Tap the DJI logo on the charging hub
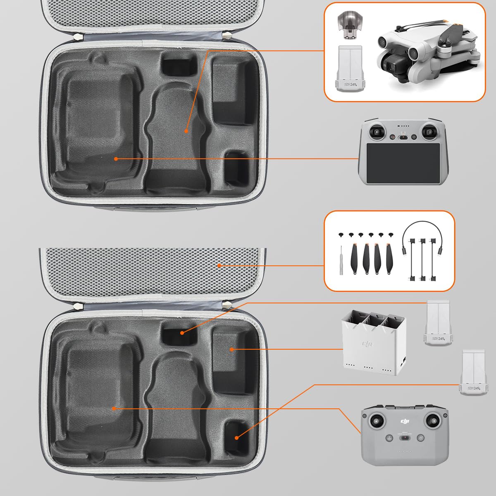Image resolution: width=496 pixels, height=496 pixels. (367, 344)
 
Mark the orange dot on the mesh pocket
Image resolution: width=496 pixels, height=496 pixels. (219, 265)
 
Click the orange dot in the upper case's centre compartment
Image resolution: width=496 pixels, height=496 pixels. (186, 131)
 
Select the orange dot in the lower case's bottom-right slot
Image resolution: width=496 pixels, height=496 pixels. (236, 437)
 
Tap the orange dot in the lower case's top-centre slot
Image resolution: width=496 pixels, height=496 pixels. (181, 332)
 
